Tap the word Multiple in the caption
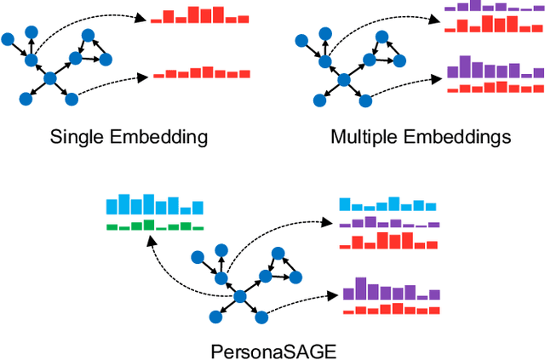[365, 136]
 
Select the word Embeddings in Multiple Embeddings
[456, 136]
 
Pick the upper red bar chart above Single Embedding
[199, 14]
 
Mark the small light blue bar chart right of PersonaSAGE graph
[387, 205]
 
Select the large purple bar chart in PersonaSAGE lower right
[393, 289]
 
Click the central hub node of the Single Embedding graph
[49, 78]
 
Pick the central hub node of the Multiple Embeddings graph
[345, 79]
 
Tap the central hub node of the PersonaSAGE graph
[240, 295]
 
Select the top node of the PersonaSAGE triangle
[278, 253]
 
